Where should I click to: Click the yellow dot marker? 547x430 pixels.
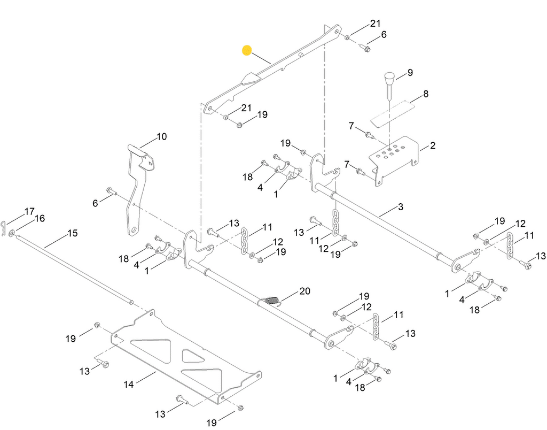[x=246, y=51]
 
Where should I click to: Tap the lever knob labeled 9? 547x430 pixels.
[x=388, y=81]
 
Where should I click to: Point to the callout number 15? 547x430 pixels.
[x=72, y=233]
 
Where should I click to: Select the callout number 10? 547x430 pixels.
[x=161, y=137]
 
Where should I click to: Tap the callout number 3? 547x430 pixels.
[x=401, y=207]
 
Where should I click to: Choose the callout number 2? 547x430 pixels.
[x=432, y=145]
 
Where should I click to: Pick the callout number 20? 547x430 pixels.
[x=304, y=291]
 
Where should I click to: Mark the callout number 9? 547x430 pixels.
[x=410, y=72]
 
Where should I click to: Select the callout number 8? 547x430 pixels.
[x=426, y=94]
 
